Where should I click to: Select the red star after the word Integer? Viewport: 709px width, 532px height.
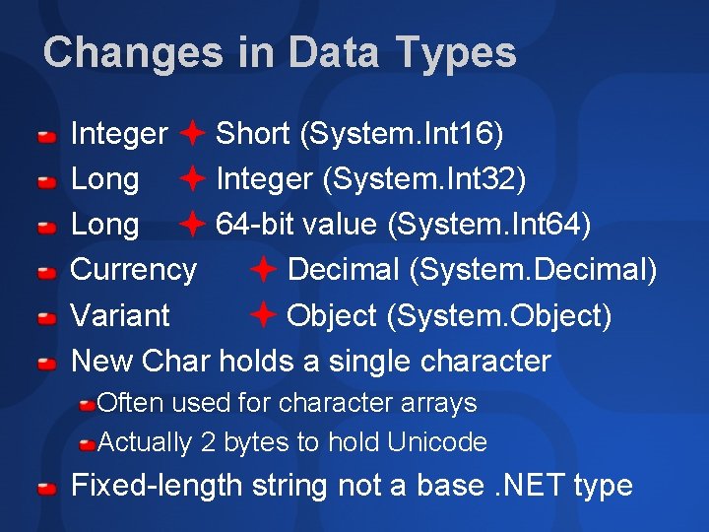click(x=192, y=133)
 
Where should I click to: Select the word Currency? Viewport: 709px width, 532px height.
click(x=134, y=269)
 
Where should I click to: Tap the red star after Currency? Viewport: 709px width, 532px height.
click(x=263, y=269)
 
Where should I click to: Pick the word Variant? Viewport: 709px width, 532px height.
click(x=120, y=315)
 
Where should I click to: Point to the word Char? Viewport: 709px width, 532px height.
click(x=176, y=361)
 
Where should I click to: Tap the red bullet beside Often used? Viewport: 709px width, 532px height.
click(x=88, y=404)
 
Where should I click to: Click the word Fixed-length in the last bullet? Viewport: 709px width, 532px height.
click(x=157, y=486)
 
